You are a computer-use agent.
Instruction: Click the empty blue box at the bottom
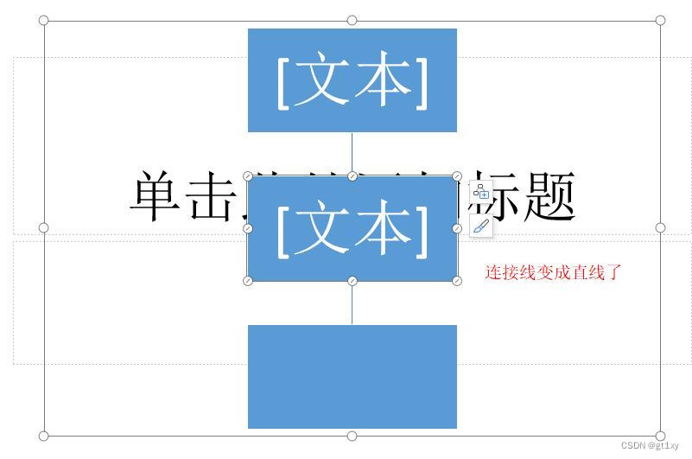point(352,376)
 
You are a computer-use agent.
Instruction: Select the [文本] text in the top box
point(352,80)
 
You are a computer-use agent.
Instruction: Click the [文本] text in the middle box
point(352,229)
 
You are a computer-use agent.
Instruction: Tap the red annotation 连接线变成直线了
point(553,272)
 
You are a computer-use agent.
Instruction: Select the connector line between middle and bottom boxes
point(352,303)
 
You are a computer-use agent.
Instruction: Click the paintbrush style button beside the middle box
point(481,227)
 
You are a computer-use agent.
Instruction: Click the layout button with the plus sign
point(481,192)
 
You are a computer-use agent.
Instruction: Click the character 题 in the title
point(549,197)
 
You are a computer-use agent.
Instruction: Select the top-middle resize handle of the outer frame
point(352,20)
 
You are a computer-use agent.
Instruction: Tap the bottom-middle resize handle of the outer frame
point(352,436)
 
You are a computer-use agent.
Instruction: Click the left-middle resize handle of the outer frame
point(44,228)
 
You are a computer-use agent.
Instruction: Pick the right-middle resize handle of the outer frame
point(660,228)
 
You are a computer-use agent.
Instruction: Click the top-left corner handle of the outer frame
point(44,20)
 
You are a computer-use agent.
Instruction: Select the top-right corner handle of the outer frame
point(660,20)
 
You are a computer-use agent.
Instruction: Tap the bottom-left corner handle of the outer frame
point(44,436)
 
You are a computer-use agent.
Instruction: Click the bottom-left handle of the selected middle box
point(248,281)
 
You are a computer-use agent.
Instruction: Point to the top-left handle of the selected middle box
point(248,176)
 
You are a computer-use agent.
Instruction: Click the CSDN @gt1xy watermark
point(650,446)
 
